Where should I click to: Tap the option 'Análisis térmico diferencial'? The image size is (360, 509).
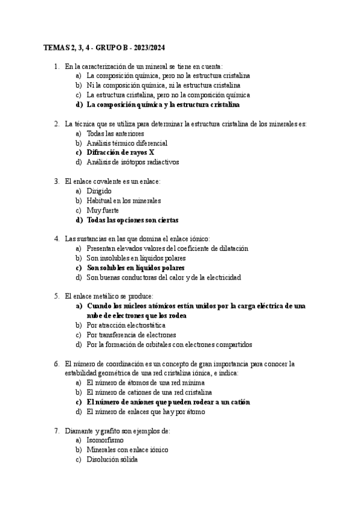(127, 143)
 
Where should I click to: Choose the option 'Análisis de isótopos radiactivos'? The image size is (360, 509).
(133, 162)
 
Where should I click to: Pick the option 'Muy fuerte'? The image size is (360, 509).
(103, 210)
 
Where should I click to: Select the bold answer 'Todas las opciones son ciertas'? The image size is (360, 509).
(133, 220)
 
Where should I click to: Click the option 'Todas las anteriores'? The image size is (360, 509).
(115, 133)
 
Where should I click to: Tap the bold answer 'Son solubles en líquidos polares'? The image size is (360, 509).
(136, 268)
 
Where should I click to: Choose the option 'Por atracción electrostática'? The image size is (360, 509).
(126, 325)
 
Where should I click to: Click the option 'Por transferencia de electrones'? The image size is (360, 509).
(131, 335)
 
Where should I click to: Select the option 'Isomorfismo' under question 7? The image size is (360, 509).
(106, 440)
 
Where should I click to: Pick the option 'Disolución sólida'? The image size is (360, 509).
(112, 459)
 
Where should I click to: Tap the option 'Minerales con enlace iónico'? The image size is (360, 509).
(127, 450)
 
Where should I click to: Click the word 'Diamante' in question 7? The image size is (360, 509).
(78, 430)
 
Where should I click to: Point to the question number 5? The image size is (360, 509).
(56, 296)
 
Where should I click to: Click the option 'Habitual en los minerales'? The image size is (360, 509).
(124, 200)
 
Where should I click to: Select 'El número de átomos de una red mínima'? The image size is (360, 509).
(146, 382)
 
